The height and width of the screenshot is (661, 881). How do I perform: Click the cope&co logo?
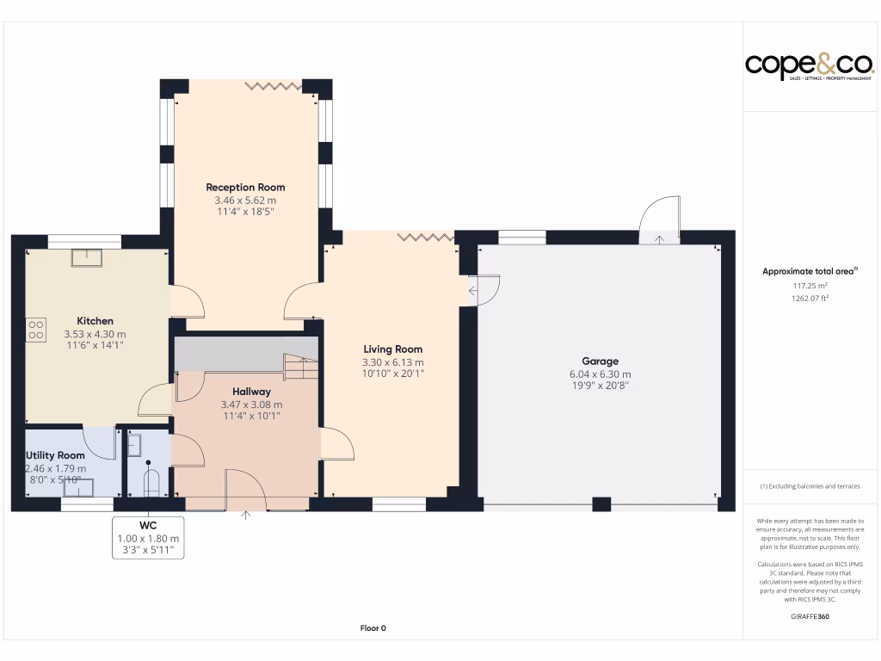810,66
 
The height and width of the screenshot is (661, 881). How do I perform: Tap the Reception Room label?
245,187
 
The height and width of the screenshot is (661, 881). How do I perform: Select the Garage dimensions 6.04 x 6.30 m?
600,374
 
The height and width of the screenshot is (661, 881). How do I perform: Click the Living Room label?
392,349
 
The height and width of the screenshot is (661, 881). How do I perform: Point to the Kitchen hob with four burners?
37,330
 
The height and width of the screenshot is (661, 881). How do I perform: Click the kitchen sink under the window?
85,256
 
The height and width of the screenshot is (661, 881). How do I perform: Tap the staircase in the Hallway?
301,368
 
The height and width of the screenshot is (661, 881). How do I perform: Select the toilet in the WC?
152,481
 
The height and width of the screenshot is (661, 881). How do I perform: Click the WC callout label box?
148,538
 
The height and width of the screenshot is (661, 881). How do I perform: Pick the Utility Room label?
56,455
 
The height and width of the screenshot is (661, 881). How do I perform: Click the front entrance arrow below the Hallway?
246,516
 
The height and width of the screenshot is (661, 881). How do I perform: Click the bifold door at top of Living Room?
425,237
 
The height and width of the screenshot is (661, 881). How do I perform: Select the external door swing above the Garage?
660,219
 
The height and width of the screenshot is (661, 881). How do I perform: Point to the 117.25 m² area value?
810,286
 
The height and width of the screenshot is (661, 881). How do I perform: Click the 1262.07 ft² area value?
810,299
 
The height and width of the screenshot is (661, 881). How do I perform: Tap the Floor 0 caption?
373,628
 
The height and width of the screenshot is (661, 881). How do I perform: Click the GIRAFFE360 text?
810,616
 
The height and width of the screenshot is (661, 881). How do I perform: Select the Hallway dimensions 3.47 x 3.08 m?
251,405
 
